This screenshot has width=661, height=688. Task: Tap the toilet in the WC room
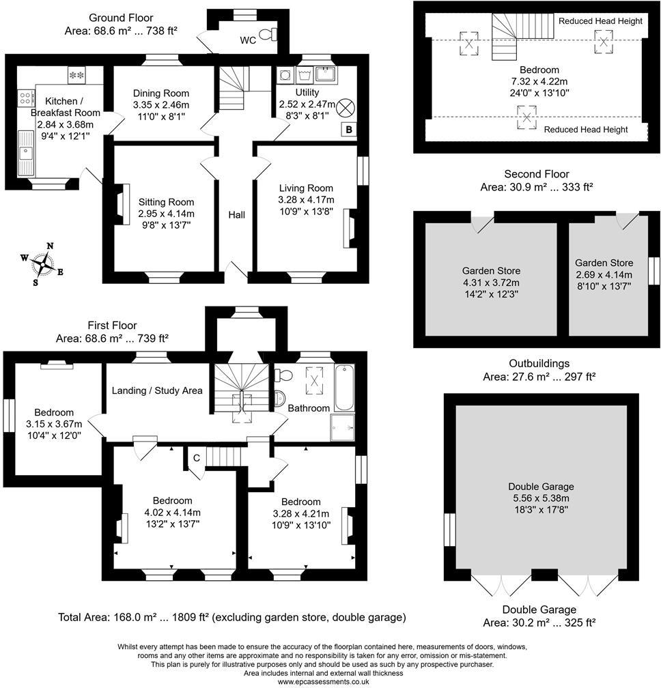pos(274,34)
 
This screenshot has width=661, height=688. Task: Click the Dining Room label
pos(161,94)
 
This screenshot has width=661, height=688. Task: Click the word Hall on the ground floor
pos(236,215)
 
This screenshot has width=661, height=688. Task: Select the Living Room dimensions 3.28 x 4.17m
pos(306,199)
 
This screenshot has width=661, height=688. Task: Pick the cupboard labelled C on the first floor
pos(196,457)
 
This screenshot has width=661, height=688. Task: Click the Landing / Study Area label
pos(157,390)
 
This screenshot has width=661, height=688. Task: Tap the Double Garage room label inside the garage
pos(541,487)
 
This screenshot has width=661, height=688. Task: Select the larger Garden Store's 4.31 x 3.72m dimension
pos(490,283)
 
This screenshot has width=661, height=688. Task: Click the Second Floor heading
pos(536,174)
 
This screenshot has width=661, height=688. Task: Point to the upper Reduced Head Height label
pos(600,21)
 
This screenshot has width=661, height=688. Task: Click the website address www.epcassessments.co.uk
pos(330,681)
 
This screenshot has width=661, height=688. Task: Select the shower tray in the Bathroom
pos(343,426)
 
